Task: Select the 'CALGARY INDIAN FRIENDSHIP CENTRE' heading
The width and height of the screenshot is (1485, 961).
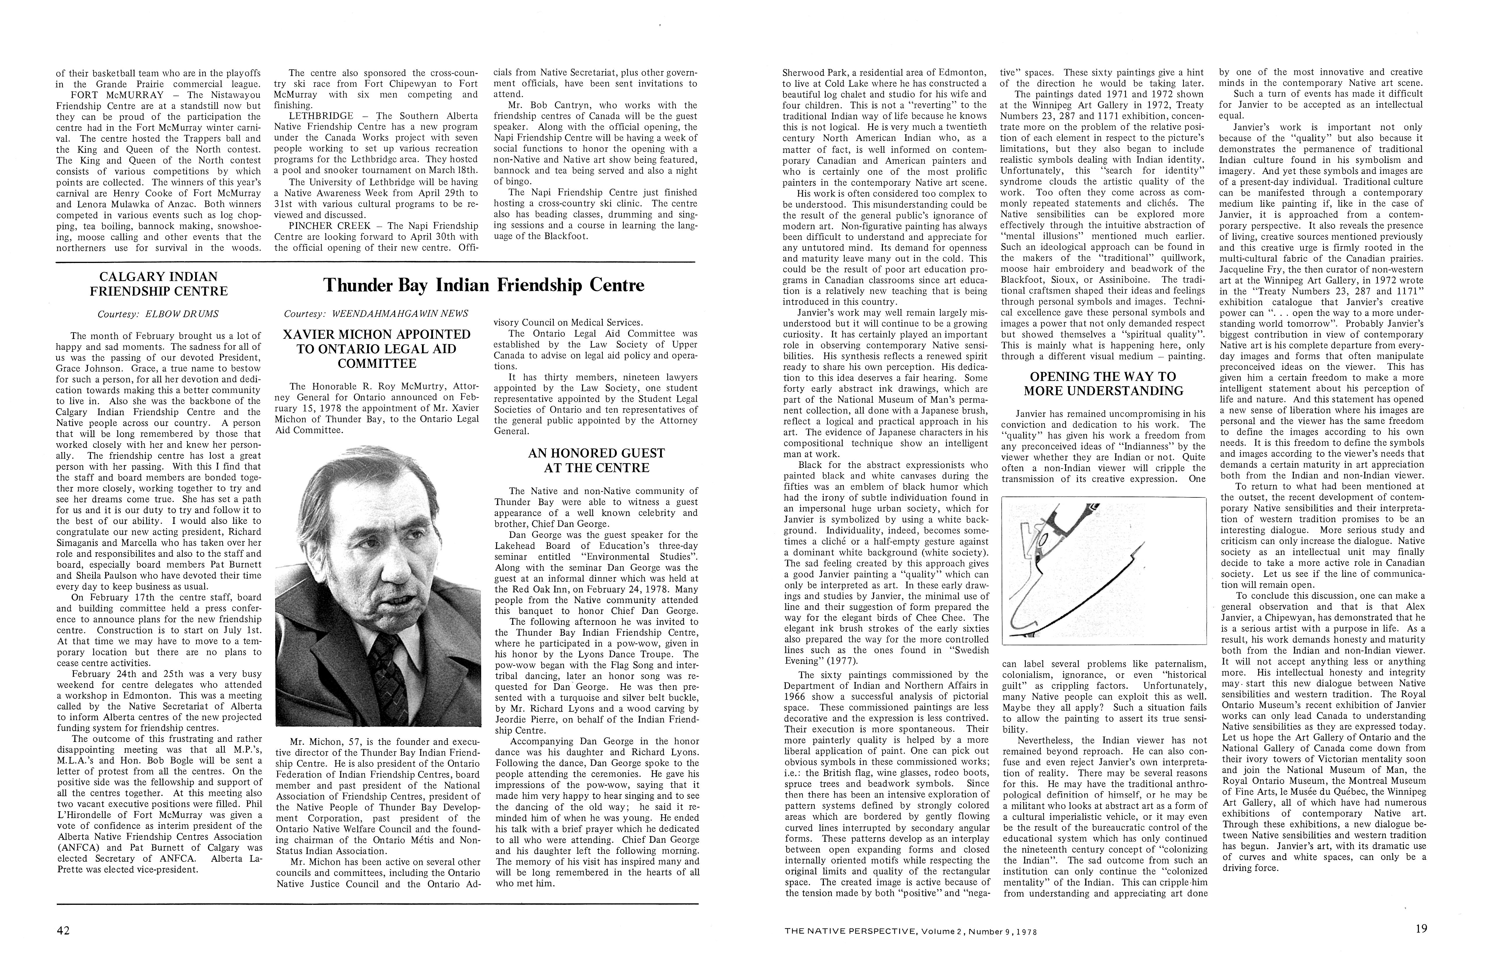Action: [158, 284]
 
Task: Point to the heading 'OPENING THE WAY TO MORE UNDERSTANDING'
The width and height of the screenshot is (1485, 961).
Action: [1103, 384]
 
